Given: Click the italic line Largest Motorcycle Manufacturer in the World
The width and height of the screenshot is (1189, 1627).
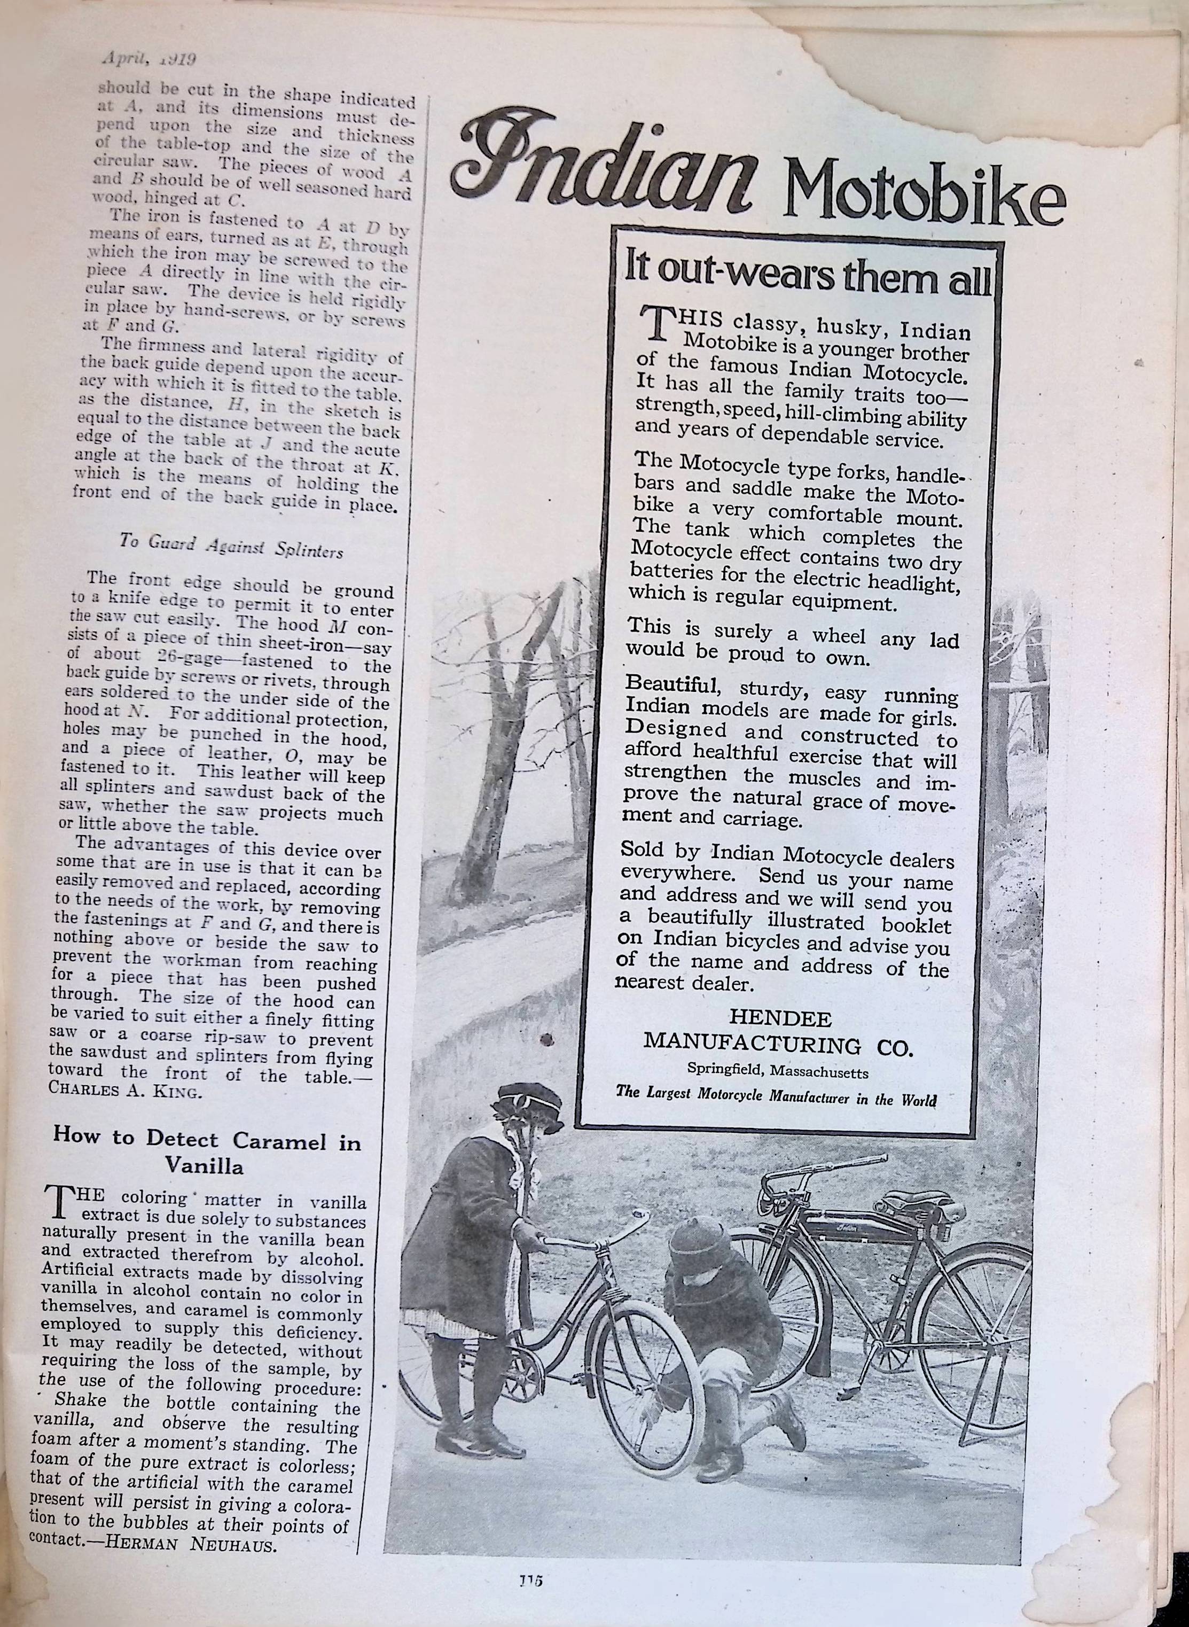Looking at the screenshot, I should [776, 1099].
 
